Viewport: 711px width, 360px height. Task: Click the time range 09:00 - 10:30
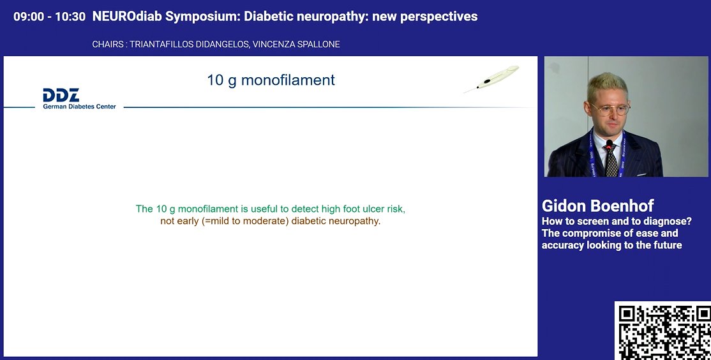[49, 17]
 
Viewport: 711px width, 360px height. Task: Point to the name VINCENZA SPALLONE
[299, 45]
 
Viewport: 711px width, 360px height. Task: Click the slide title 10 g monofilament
[271, 80]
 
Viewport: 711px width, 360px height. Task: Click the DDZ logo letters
[61, 95]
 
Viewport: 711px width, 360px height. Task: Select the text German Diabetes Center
[79, 107]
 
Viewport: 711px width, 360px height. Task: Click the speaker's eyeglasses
[610, 108]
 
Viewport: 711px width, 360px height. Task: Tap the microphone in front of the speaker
[610, 146]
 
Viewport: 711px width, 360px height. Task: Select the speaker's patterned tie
[611, 163]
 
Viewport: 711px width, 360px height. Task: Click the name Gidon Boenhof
[597, 206]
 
